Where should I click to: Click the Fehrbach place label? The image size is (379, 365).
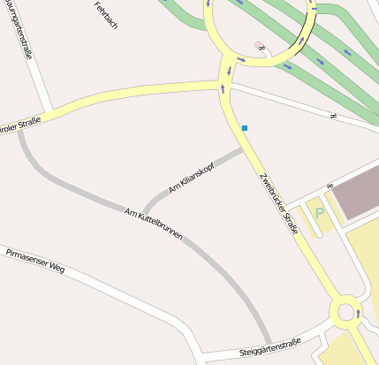pyautogui.click(x=105, y=15)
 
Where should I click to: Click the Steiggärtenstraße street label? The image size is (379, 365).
pyautogui.click(x=269, y=347)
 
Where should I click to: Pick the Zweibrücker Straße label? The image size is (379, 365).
pyautogui.click(x=278, y=201)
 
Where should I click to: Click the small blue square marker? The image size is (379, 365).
pyautogui.click(x=245, y=129)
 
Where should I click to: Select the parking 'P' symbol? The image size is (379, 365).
pyautogui.click(x=320, y=214)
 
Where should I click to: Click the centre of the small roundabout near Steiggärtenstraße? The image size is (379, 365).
pyautogui.click(x=345, y=311)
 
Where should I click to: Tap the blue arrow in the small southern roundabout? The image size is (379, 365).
pyautogui.click(x=358, y=312)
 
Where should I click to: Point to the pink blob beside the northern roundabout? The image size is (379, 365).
pyautogui.click(x=258, y=44)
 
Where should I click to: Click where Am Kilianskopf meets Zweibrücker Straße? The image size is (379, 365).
pyautogui.click(x=244, y=149)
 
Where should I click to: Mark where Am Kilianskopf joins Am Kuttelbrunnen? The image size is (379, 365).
pyautogui.click(x=144, y=215)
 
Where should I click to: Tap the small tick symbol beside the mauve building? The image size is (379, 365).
pyautogui.click(x=329, y=186)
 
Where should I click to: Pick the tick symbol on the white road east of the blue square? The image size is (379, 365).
pyautogui.click(x=333, y=116)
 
